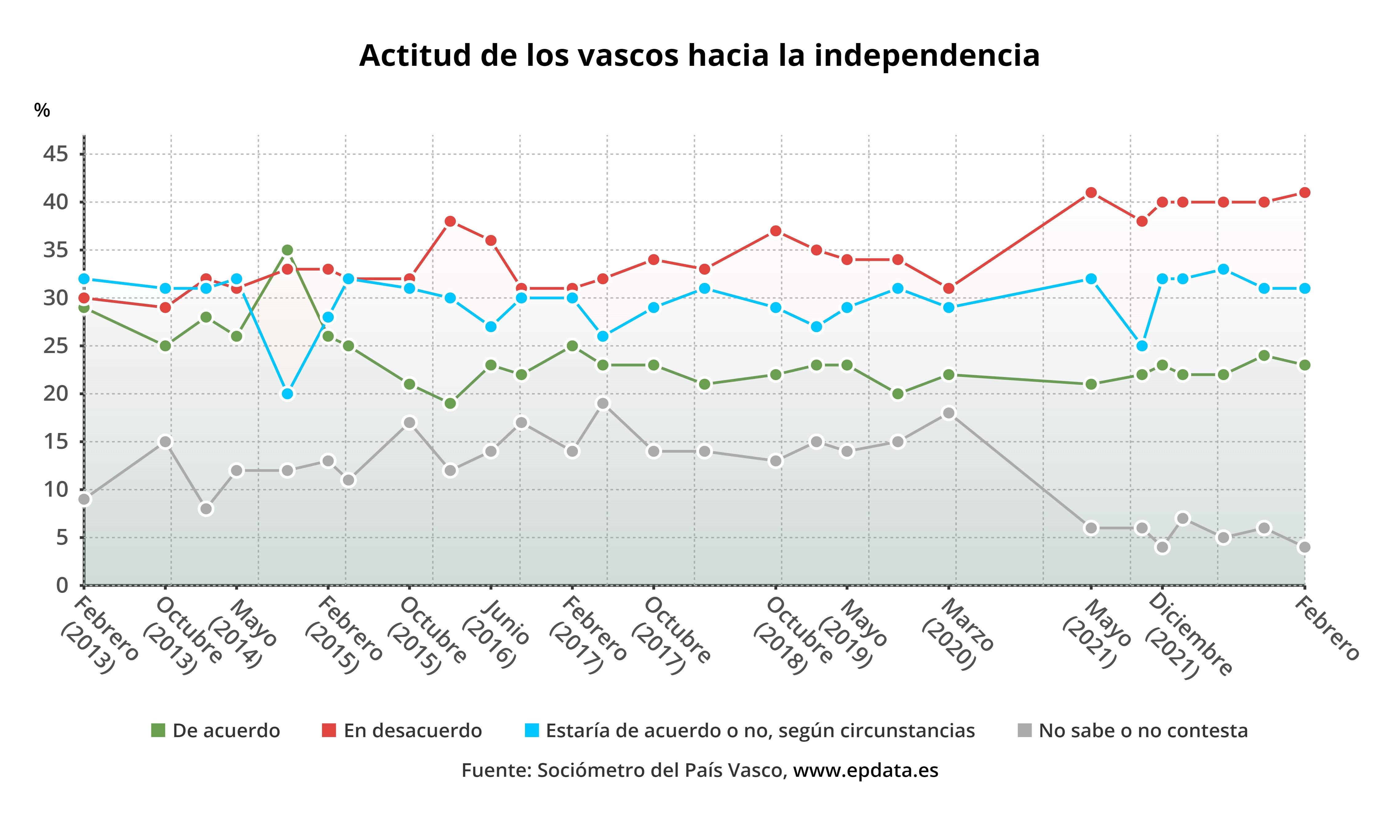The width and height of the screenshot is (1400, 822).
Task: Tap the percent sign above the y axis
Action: coord(42,110)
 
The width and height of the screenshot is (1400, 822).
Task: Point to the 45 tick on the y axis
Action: coord(56,154)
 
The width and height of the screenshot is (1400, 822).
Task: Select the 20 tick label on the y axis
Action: coord(56,394)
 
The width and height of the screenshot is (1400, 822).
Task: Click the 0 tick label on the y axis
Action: coord(62,586)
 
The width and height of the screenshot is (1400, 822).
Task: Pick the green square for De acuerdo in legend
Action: coord(158,730)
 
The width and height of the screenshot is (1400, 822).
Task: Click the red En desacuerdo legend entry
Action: coord(412,730)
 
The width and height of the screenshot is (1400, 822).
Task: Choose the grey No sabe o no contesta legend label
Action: coord(1143,730)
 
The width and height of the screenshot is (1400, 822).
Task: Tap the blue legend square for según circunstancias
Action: coord(532,730)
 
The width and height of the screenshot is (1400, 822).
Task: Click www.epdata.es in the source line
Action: coord(865,770)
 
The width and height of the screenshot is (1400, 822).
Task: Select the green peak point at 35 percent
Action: coord(287,250)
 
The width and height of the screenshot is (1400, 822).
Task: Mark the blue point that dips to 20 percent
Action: coord(287,394)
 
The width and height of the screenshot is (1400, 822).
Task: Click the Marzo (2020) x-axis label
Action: coord(958,633)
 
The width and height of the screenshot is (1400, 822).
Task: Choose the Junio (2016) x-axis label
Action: coord(497,633)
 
